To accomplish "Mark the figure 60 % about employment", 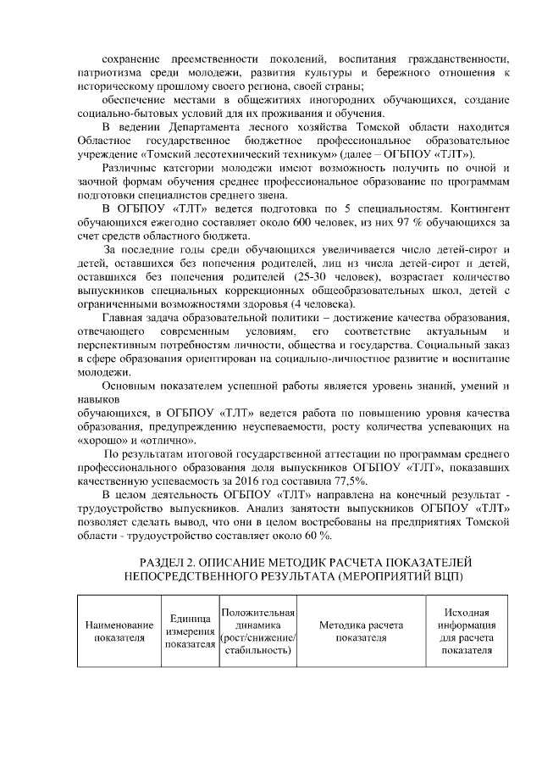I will click(318, 535).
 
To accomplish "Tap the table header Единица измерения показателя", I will click(190, 631).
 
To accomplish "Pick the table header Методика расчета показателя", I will click(360, 631).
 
